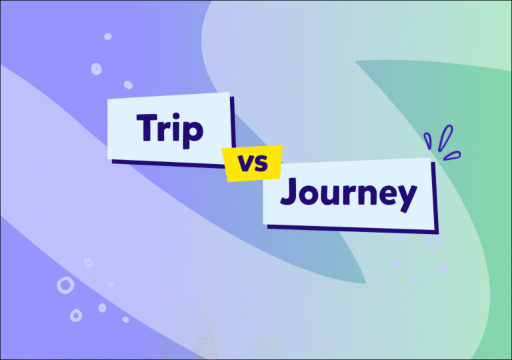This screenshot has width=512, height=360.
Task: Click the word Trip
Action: point(170,129)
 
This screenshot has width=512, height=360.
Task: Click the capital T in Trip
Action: point(148,127)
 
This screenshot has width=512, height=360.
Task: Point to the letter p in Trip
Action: point(192,133)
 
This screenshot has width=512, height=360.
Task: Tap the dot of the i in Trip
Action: point(177,116)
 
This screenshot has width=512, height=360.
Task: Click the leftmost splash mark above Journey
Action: point(427,140)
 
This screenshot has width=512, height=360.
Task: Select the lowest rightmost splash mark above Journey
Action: point(454,155)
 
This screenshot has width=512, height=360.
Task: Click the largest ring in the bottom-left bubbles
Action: point(65,285)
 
